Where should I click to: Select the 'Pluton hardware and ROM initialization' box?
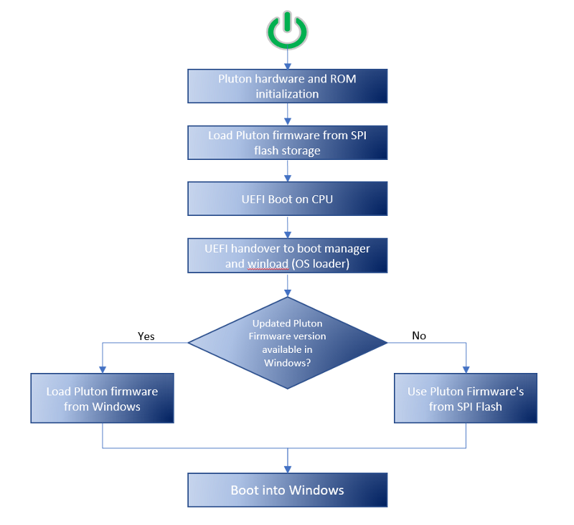point(288,86)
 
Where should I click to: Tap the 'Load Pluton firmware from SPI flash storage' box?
point(288,143)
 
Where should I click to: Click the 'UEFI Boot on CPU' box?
point(288,199)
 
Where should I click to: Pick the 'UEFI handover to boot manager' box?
point(288,255)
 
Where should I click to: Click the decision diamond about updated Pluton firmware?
point(288,343)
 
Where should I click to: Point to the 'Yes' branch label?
point(146,336)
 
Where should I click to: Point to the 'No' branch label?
point(420,336)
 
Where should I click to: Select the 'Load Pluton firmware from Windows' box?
point(103,399)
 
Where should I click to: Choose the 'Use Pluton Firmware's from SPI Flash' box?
point(466,399)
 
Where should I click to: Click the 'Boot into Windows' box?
point(288,491)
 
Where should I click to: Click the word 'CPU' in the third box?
point(321,199)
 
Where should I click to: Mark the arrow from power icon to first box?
point(288,59)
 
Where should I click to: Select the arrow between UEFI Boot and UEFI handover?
point(288,227)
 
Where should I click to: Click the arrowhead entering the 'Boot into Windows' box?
point(288,469)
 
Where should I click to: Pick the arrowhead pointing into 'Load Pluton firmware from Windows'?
point(103,369)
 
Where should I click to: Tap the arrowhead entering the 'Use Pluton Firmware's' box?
point(466,369)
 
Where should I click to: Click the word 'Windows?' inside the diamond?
point(287,362)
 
